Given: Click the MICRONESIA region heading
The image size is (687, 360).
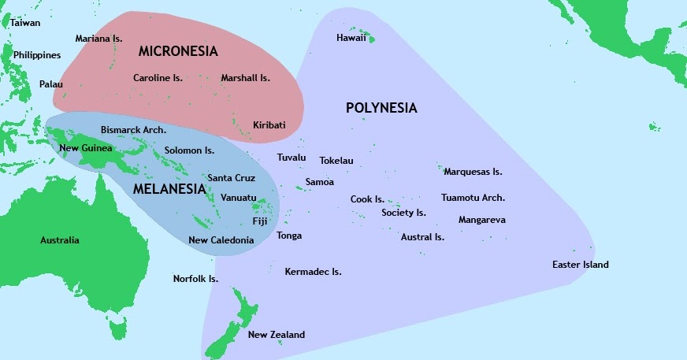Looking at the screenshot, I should click(177, 51).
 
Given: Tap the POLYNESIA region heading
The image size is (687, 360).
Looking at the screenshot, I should click(381, 108).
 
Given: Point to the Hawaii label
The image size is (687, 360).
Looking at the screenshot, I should click(351, 38).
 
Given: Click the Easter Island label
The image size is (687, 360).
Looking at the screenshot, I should click(580, 265).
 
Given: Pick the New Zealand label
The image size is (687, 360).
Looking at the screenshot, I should click(276, 335).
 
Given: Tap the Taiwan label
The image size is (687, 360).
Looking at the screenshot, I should click(25, 23).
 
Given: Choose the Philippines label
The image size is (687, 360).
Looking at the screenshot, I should click(37, 55).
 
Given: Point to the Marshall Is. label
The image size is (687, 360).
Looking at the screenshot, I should click(245, 78).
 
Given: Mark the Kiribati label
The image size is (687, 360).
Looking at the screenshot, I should click(269, 125).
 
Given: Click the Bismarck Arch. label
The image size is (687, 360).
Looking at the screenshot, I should click(133, 129).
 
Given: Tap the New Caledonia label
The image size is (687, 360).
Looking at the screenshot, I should click(221, 239).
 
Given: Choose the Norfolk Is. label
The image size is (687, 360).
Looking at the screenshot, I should click(195, 278).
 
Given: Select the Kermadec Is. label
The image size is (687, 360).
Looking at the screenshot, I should click(313, 272).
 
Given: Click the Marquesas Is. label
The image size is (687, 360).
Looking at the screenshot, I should click(473, 171).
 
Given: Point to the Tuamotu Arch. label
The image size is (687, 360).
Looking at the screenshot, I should click(473, 198).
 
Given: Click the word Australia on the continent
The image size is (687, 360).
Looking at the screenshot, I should click(60, 240).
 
